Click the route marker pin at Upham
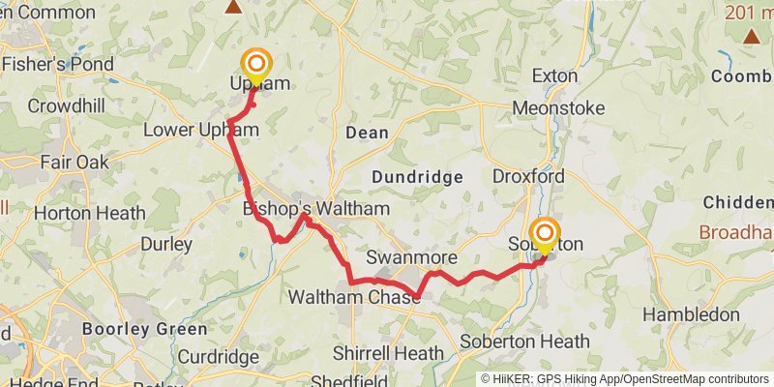[257, 67]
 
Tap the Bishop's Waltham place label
[316, 209]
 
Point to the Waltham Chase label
[354, 297]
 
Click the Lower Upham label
[200, 130]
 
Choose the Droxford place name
[528, 177]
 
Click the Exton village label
[555, 75]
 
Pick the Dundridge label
[417, 177]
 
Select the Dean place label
[367, 133]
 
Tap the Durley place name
[166, 245]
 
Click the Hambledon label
[691, 314]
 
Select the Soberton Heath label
[524, 342]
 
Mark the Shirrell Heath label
[388, 353]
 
